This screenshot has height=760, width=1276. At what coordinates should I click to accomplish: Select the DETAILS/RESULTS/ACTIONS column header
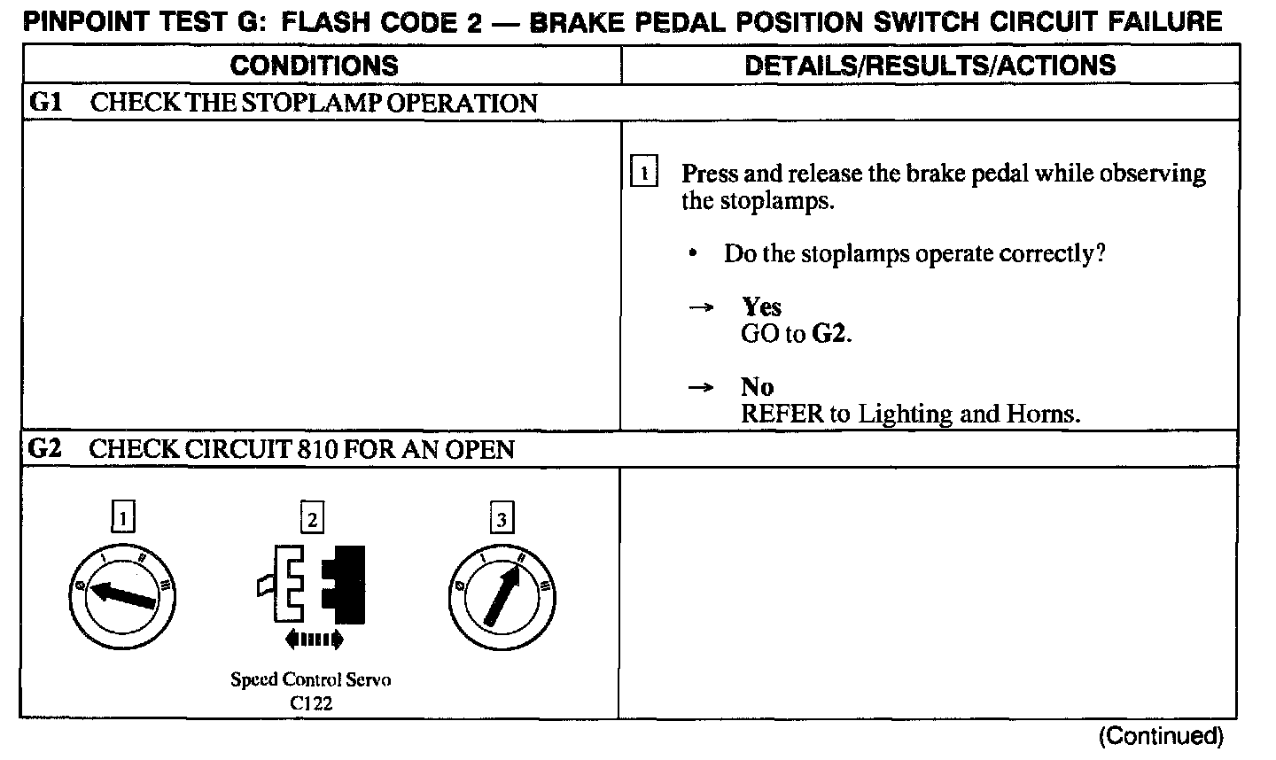(930, 65)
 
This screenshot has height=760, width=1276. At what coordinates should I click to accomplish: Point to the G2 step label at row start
(44, 449)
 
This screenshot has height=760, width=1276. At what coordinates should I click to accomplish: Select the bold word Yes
(761, 307)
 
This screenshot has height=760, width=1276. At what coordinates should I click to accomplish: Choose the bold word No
(757, 387)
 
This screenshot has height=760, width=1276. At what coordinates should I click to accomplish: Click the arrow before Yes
(701, 308)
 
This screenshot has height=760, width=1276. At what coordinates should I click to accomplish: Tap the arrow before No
(701, 388)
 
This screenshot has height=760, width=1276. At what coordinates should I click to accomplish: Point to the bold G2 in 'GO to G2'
(830, 335)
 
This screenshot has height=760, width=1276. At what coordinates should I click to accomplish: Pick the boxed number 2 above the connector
(312, 518)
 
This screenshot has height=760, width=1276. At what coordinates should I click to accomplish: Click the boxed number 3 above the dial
(502, 518)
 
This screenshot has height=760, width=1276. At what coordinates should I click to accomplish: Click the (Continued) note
(1161, 736)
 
